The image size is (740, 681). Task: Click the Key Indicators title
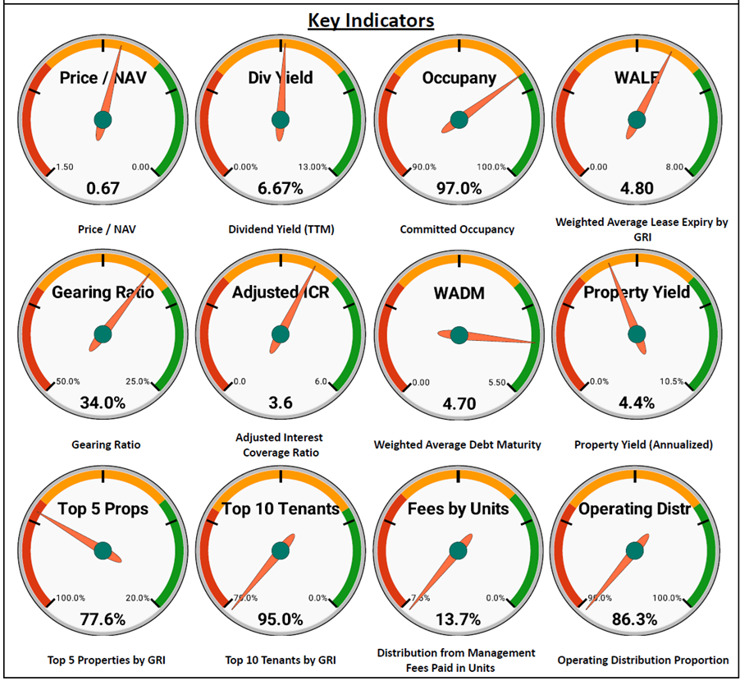[371, 20]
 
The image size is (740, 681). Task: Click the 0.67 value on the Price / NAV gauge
[103, 188]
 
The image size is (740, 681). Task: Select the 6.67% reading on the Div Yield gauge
[281, 188]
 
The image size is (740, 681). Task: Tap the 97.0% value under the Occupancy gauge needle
[459, 188]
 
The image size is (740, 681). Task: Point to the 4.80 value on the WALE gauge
[637, 188]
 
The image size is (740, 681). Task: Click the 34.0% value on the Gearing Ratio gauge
[103, 403]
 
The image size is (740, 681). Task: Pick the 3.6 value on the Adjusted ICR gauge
[281, 403]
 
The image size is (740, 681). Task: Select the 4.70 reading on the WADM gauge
[459, 403]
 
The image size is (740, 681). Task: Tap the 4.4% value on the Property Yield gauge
[637, 403]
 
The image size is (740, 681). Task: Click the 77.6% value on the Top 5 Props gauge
[103, 619]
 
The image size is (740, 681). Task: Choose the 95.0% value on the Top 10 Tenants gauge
[281, 619]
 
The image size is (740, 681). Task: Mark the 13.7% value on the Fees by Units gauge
[459, 619]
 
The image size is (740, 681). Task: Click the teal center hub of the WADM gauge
[459, 334]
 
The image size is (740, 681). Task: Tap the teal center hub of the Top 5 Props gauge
[103, 550]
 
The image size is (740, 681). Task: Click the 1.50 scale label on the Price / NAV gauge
[64, 168]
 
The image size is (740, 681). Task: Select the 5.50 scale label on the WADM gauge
[497, 382]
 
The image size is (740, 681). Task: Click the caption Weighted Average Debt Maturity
[457, 445]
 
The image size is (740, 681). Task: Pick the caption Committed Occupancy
[457, 229]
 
